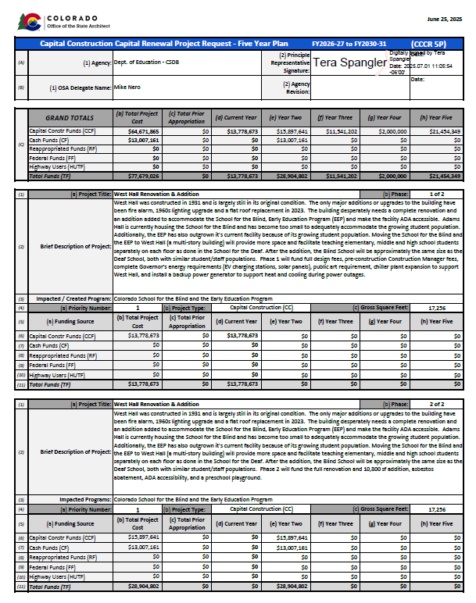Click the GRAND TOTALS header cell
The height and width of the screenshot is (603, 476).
tap(69, 118)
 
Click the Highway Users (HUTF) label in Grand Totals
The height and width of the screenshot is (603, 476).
tap(57, 167)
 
